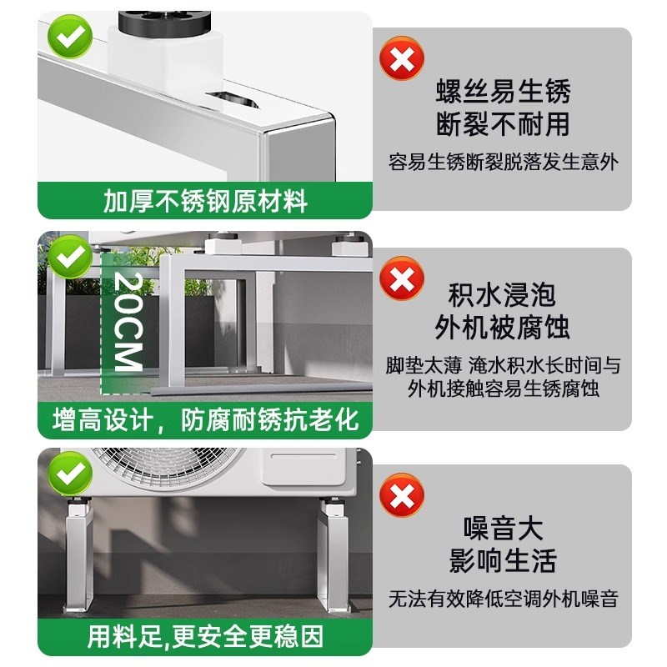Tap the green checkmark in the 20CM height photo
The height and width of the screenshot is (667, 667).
(x=70, y=257)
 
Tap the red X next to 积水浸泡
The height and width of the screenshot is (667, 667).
(x=402, y=278)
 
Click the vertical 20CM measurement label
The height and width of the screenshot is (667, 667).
(x=128, y=321)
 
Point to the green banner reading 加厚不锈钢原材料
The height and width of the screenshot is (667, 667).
(x=205, y=201)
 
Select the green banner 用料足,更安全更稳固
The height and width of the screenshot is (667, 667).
(x=205, y=637)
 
